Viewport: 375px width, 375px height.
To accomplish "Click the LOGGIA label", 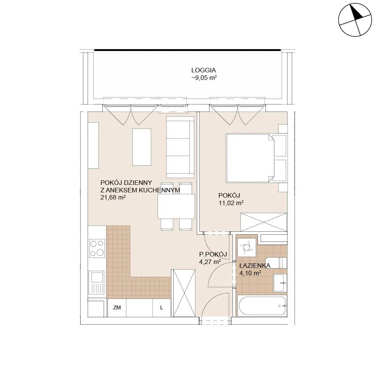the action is tap(204, 70).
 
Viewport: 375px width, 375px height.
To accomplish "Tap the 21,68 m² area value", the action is tap(113, 198).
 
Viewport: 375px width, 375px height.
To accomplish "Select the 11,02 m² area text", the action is tap(231, 203).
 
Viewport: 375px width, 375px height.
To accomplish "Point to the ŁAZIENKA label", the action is tap(255, 265).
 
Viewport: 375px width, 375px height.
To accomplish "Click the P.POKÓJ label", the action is tap(213, 254).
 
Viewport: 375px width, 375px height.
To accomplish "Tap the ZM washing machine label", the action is tap(117, 307).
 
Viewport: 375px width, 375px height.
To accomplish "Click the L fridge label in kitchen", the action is tap(162, 308).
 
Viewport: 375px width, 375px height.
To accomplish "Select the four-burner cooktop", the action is tap(97, 248).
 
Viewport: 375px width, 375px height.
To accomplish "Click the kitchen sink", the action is tap(97, 282).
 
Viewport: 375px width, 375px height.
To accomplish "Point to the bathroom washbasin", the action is tap(280, 283).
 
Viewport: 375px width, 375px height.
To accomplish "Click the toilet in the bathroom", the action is tap(276, 263).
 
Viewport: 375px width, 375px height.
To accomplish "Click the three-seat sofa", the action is tap(180, 147).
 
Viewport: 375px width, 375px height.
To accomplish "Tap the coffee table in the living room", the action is tap(142, 147).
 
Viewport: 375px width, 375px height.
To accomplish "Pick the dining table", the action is tap(176, 206).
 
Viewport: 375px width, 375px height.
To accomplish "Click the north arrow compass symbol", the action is tap(355, 20).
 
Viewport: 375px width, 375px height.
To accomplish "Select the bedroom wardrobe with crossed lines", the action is tap(264, 222).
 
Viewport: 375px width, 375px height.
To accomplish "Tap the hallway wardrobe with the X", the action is tap(184, 293).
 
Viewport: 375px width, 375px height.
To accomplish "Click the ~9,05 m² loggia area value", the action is tap(204, 78).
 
